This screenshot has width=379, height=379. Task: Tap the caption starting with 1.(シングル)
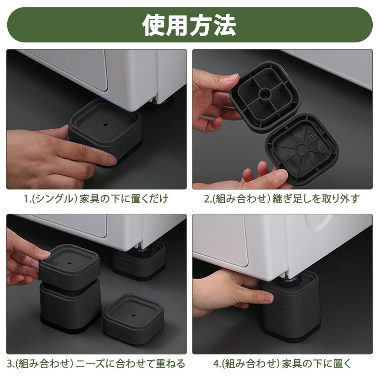click(x=96, y=199)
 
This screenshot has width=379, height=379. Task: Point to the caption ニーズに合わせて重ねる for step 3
click(x=130, y=363)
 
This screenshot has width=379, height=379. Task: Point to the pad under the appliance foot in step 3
click(x=139, y=264)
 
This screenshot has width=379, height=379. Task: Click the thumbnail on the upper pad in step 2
click(x=232, y=78)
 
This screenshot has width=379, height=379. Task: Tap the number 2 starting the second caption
click(x=207, y=199)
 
